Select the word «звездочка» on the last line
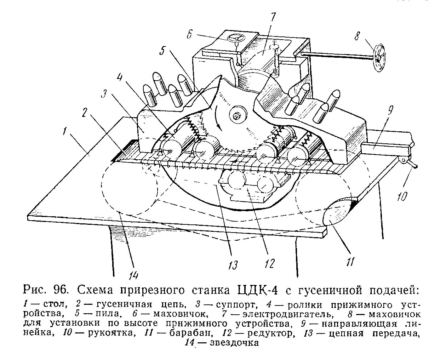(x=234, y=342)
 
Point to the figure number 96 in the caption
(x=60, y=291)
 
